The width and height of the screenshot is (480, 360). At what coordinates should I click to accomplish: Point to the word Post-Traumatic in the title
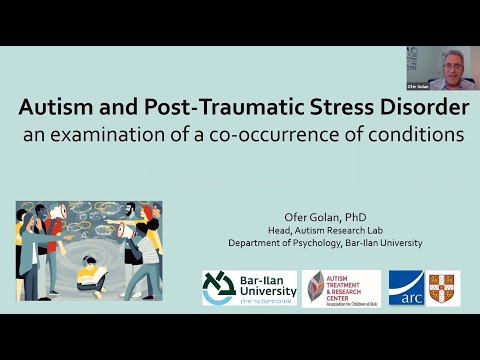tap(213, 109)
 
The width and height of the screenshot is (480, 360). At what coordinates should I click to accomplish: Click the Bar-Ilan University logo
tap(247, 288)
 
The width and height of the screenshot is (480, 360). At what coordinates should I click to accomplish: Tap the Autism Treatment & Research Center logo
tap(341, 288)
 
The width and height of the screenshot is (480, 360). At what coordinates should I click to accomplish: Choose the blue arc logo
tap(405, 288)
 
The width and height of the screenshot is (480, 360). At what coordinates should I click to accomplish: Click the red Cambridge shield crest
tap(443, 288)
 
